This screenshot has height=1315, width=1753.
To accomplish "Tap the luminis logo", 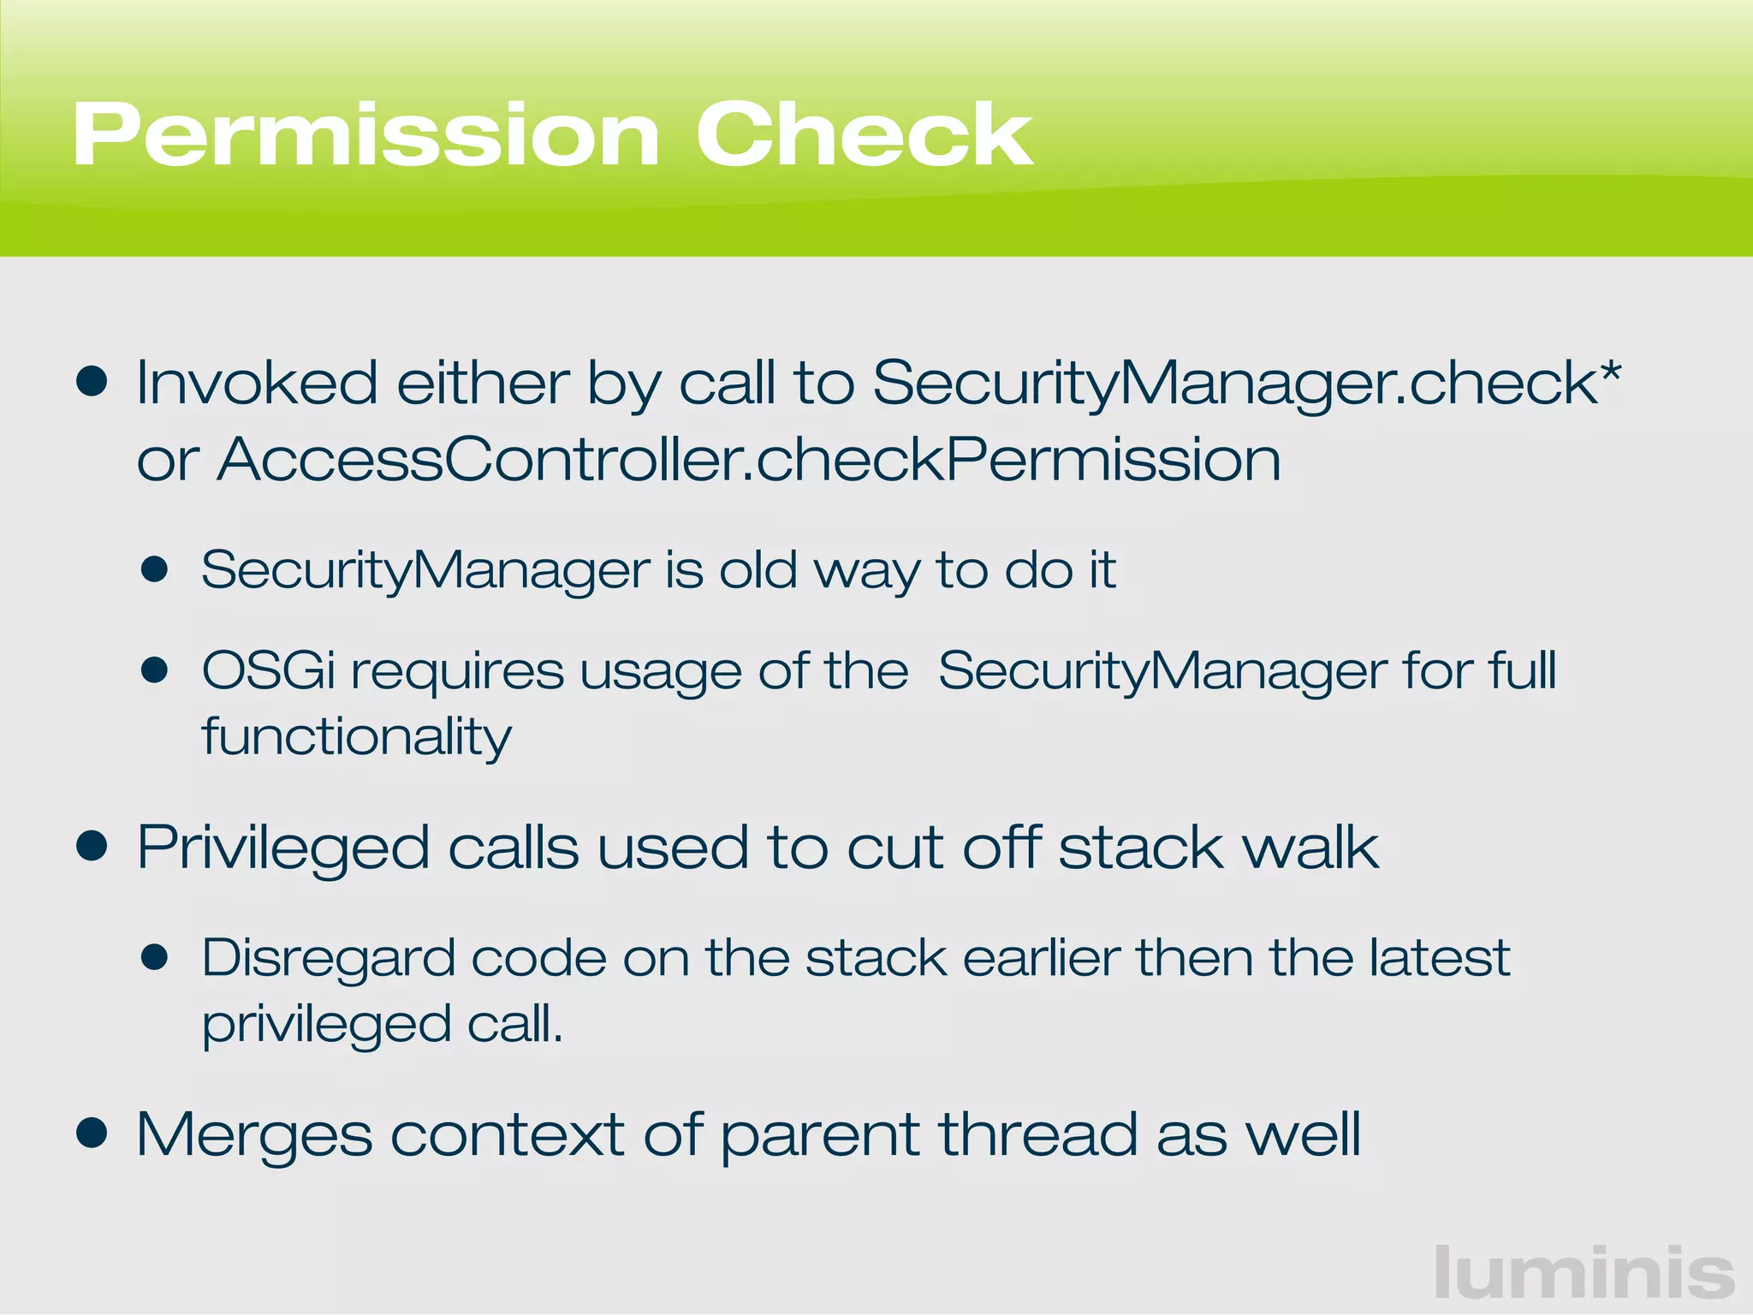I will [x=1584, y=1274].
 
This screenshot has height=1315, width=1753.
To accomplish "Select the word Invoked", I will [x=257, y=383].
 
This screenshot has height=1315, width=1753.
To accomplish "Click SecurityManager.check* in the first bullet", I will [x=1245, y=383].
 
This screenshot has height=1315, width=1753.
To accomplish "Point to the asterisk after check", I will [x=1609, y=373].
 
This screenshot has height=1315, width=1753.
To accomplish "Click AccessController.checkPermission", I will [x=749, y=460].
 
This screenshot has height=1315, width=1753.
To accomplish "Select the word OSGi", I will [x=268, y=670].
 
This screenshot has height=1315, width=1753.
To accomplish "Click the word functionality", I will [x=356, y=737].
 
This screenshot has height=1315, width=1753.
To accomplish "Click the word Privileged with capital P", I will [x=282, y=848].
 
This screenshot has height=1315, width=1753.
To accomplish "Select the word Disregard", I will [x=328, y=958].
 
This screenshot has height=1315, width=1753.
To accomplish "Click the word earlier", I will [x=1041, y=958].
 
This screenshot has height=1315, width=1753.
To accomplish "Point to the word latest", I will [x=1439, y=958].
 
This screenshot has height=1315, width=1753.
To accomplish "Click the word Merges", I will [x=254, y=1135].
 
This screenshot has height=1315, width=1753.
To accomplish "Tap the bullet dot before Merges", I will [x=92, y=1134].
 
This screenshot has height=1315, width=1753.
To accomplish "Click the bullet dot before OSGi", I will [x=155, y=669].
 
